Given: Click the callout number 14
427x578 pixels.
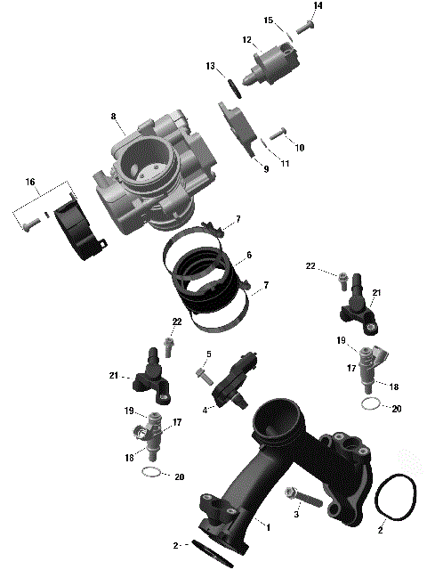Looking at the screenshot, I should coord(318,6).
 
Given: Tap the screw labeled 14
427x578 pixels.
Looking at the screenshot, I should coord(304,28).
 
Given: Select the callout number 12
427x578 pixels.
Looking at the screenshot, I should coord(246,39).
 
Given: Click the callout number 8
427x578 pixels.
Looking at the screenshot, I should coord(114,117).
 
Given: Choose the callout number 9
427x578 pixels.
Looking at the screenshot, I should coord(264,168).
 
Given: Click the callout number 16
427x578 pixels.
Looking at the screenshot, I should coord(31,182).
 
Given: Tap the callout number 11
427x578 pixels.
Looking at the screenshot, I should coord(285,164).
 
